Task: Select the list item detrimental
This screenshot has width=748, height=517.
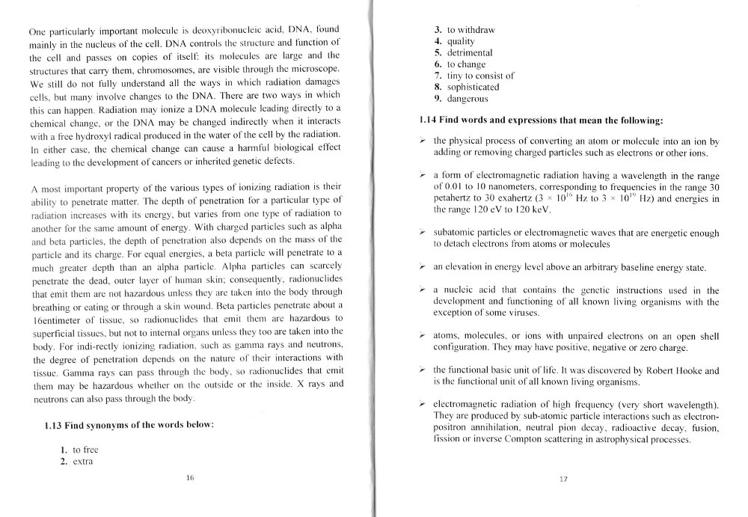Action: [x=470, y=53]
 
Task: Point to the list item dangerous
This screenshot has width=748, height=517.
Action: [x=467, y=98]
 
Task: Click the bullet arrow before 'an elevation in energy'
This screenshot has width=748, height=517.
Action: [x=423, y=267]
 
